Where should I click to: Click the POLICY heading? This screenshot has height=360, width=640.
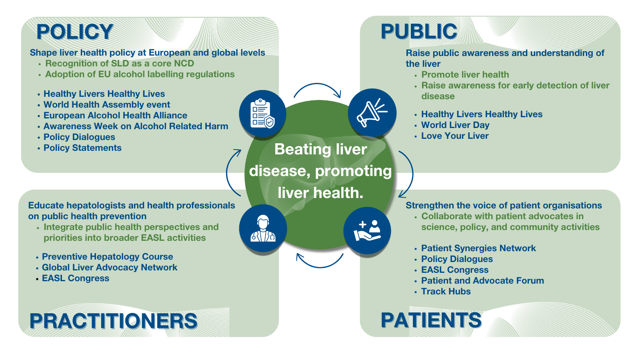pos(75,32)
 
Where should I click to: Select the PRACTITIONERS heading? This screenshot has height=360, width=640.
pos(114,320)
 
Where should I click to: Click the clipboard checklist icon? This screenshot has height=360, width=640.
pos(262,114)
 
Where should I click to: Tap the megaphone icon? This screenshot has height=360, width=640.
pos(372,112)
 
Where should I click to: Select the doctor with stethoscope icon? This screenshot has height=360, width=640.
pos(263,228)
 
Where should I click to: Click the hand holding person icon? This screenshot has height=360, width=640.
pos(367,230)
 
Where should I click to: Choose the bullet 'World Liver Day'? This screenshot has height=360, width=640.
pos(455,125)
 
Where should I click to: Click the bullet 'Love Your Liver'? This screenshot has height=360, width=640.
pos(455,136)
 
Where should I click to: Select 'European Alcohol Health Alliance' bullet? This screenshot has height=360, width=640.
pos(115,115)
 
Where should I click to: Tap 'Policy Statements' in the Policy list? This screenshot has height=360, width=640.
pos(82,148)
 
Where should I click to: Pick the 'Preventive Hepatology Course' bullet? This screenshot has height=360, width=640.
pos(108,256)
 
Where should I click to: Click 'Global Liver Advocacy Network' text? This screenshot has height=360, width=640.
pos(110,268)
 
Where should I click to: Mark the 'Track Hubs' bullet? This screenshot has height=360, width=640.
pos(446,292)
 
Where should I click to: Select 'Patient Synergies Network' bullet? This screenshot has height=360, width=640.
pos(478,248)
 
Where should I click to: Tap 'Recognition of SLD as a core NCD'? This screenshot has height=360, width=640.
pos(120,63)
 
